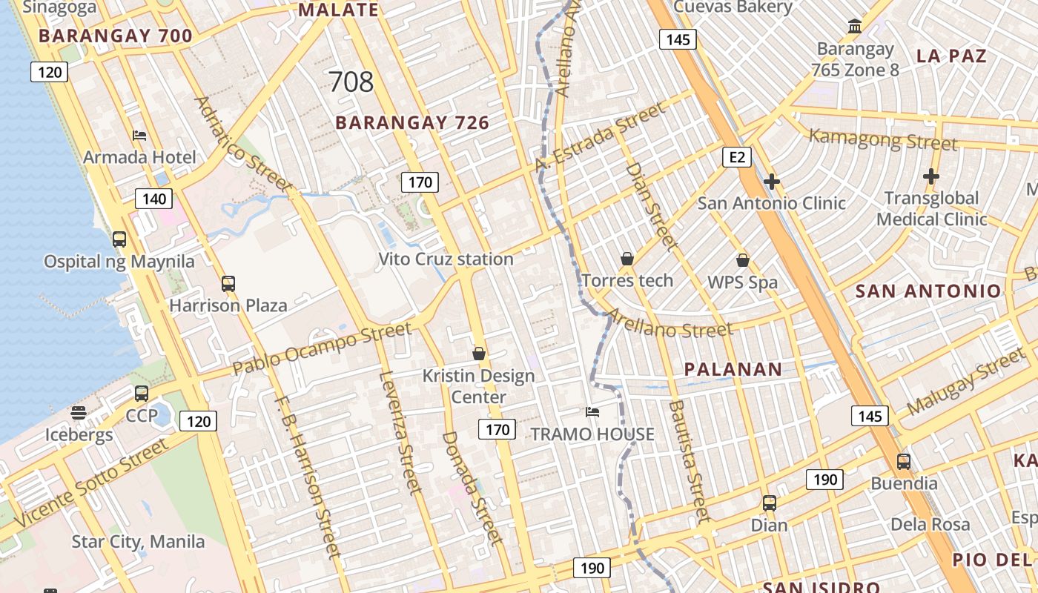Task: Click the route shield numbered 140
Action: tap(154, 198)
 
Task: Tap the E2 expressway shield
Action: tap(737, 157)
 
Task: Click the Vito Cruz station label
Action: tap(446, 259)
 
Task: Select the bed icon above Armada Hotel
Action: tap(139, 135)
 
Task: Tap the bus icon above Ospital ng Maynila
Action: tap(119, 239)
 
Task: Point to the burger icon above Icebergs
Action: tap(79, 413)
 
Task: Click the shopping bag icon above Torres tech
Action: tap(627, 259)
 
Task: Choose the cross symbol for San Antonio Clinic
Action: tap(772, 181)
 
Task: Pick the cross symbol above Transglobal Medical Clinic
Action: tap(931, 176)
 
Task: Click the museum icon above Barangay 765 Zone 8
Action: tap(855, 27)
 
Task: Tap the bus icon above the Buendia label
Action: tap(904, 461)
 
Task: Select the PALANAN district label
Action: tap(733, 369)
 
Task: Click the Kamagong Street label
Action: tap(882, 139)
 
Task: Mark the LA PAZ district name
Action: tap(951, 56)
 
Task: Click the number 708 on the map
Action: tap(351, 82)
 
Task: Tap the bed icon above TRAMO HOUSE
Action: tap(592, 412)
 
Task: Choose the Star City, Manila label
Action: tap(138, 542)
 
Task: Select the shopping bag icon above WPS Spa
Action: tap(743, 260)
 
